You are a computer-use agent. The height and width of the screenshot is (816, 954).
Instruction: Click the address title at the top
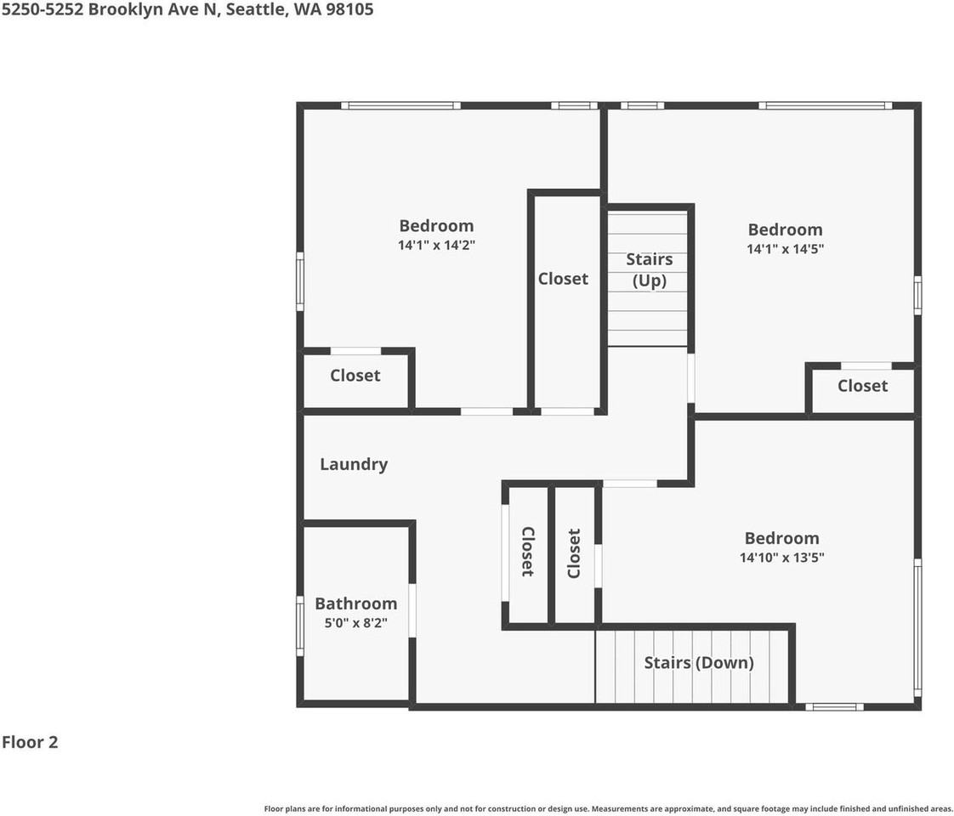(x=187, y=10)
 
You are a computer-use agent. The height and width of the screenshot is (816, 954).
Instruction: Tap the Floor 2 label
(x=30, y=742)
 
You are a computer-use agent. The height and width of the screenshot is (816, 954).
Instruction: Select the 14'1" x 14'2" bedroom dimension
(x=436, y=245)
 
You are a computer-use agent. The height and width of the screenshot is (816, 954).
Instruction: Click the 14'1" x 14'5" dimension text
(x=785, y=248)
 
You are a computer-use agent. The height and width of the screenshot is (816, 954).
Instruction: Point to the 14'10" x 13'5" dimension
(x=781, y=558)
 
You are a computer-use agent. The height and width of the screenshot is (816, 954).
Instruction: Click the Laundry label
(x=354, y=464)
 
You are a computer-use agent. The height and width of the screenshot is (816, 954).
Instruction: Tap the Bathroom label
(x=355, y=603)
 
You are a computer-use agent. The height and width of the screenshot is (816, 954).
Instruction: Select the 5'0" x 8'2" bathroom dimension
(x=355, y=622)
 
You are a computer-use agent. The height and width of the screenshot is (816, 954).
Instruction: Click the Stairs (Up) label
(x=649, y=269)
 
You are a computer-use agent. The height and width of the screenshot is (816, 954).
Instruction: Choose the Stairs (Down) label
(x=698, y=663)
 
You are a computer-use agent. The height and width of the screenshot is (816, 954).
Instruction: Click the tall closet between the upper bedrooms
(x=563, y=279)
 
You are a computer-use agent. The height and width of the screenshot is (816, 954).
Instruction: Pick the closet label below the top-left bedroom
(x=355, y=376)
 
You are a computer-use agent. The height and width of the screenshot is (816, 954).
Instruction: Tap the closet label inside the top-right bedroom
(x=862, y=386)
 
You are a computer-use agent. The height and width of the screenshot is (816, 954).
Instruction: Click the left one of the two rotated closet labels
(x=527, y=552)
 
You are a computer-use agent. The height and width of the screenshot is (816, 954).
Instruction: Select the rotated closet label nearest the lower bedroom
(x=574, y=553)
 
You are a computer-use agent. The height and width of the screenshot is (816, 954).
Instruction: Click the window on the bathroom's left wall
(x=299, y=626)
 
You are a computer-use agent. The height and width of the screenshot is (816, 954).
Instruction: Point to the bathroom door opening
(x=412, y=610)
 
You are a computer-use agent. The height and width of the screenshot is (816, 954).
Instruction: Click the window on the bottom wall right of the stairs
(x=834, y=706)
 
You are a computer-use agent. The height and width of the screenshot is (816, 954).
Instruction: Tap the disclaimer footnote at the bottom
(x=608, y=808)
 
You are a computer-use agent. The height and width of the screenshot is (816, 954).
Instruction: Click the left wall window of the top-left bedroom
(x=299, y=281)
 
